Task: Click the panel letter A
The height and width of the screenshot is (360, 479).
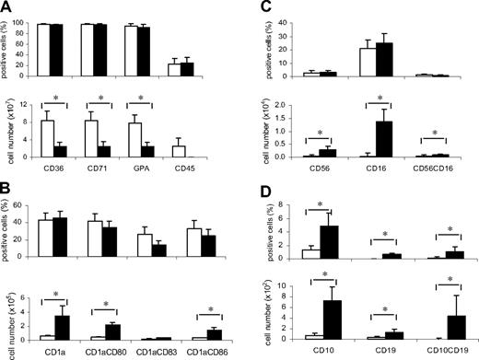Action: pos(8,7)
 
